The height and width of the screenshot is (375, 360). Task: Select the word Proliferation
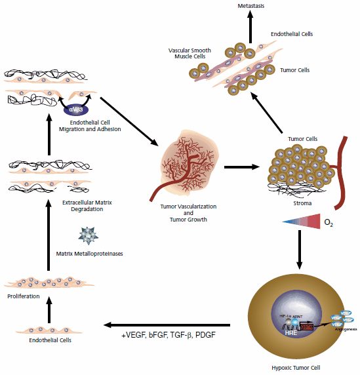(24, 296)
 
